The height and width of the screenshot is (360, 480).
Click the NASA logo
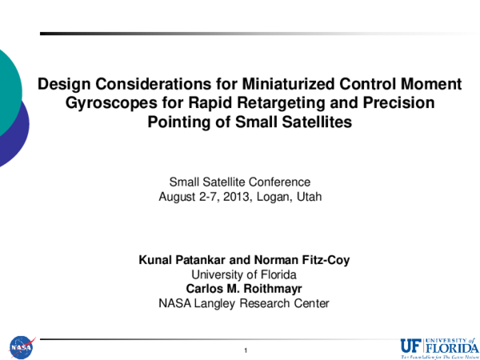22,347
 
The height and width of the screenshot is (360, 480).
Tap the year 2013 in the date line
230,196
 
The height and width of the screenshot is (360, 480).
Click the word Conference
276,182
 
